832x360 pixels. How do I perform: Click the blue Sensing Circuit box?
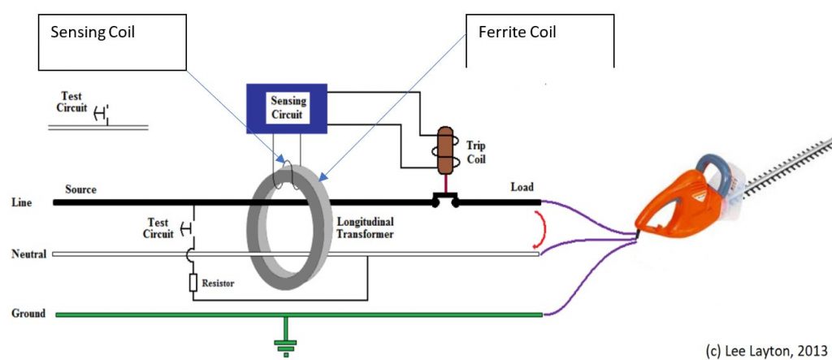point(287,108)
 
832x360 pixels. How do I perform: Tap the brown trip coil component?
point(446,151)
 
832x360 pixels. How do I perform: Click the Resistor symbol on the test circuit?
point(193,283)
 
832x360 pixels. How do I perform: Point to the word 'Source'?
point(80,189)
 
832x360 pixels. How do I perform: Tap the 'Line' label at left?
point(22,202)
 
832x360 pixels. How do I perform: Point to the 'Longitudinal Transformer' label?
point(365,227)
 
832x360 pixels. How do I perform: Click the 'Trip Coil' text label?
point(477,152)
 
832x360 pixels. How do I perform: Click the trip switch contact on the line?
point(445,197)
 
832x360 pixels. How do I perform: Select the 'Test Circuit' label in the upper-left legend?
point(72,101)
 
